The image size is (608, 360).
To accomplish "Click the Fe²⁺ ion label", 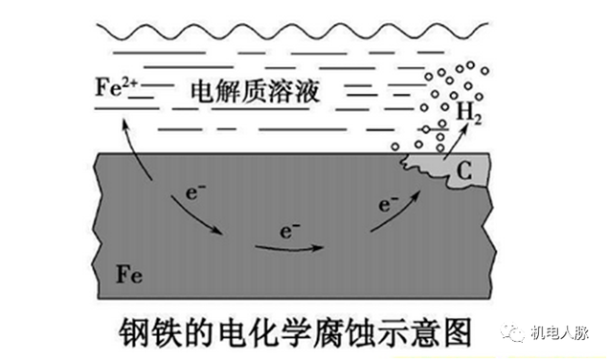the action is (x=116, y=87).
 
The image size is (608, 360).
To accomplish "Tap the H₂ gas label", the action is (x=469, y=113).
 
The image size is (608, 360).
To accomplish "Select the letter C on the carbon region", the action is (x=464, y=170).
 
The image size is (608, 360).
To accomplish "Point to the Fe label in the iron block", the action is (x=129, y=274).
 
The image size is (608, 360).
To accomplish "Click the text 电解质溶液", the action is (x=255, y=92).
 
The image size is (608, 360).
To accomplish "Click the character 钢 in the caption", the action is (x=135, y=332).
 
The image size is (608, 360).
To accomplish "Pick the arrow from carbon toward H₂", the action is (x=456, y=142).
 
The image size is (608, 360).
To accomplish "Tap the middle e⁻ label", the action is (x=290, y=231).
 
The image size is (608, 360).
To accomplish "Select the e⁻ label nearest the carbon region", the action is (x=389, y=204).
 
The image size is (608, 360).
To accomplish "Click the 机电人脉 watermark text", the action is (x=560, y=332).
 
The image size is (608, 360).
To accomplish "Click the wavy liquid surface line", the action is (x=292, y=31).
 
